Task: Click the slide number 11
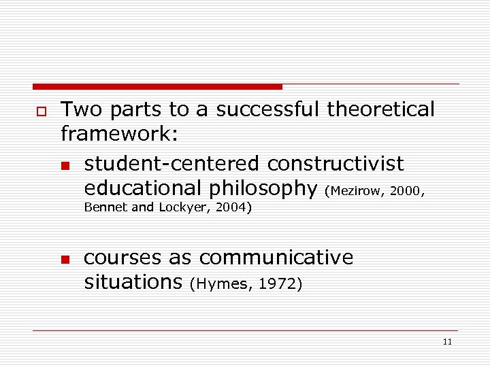click(x=446, y=342)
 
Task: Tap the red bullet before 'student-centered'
click(x=65, y=166)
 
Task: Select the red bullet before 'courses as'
click(x=65, y=260)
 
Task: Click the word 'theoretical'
click(x=381, y=109)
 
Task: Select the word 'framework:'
click(x=120, y=134)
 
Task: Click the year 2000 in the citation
click(x=407, y=191)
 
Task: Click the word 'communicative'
click(x=276, y=258)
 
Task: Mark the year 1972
click(x=279, y=284)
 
